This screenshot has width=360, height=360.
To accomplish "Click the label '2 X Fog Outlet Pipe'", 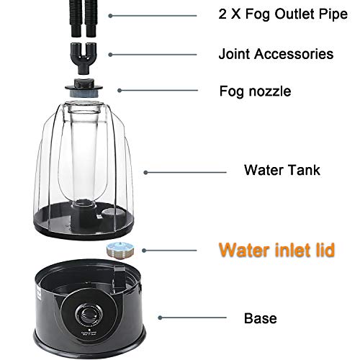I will (276, 14).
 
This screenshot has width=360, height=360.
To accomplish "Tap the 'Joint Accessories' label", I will (266, 53).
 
